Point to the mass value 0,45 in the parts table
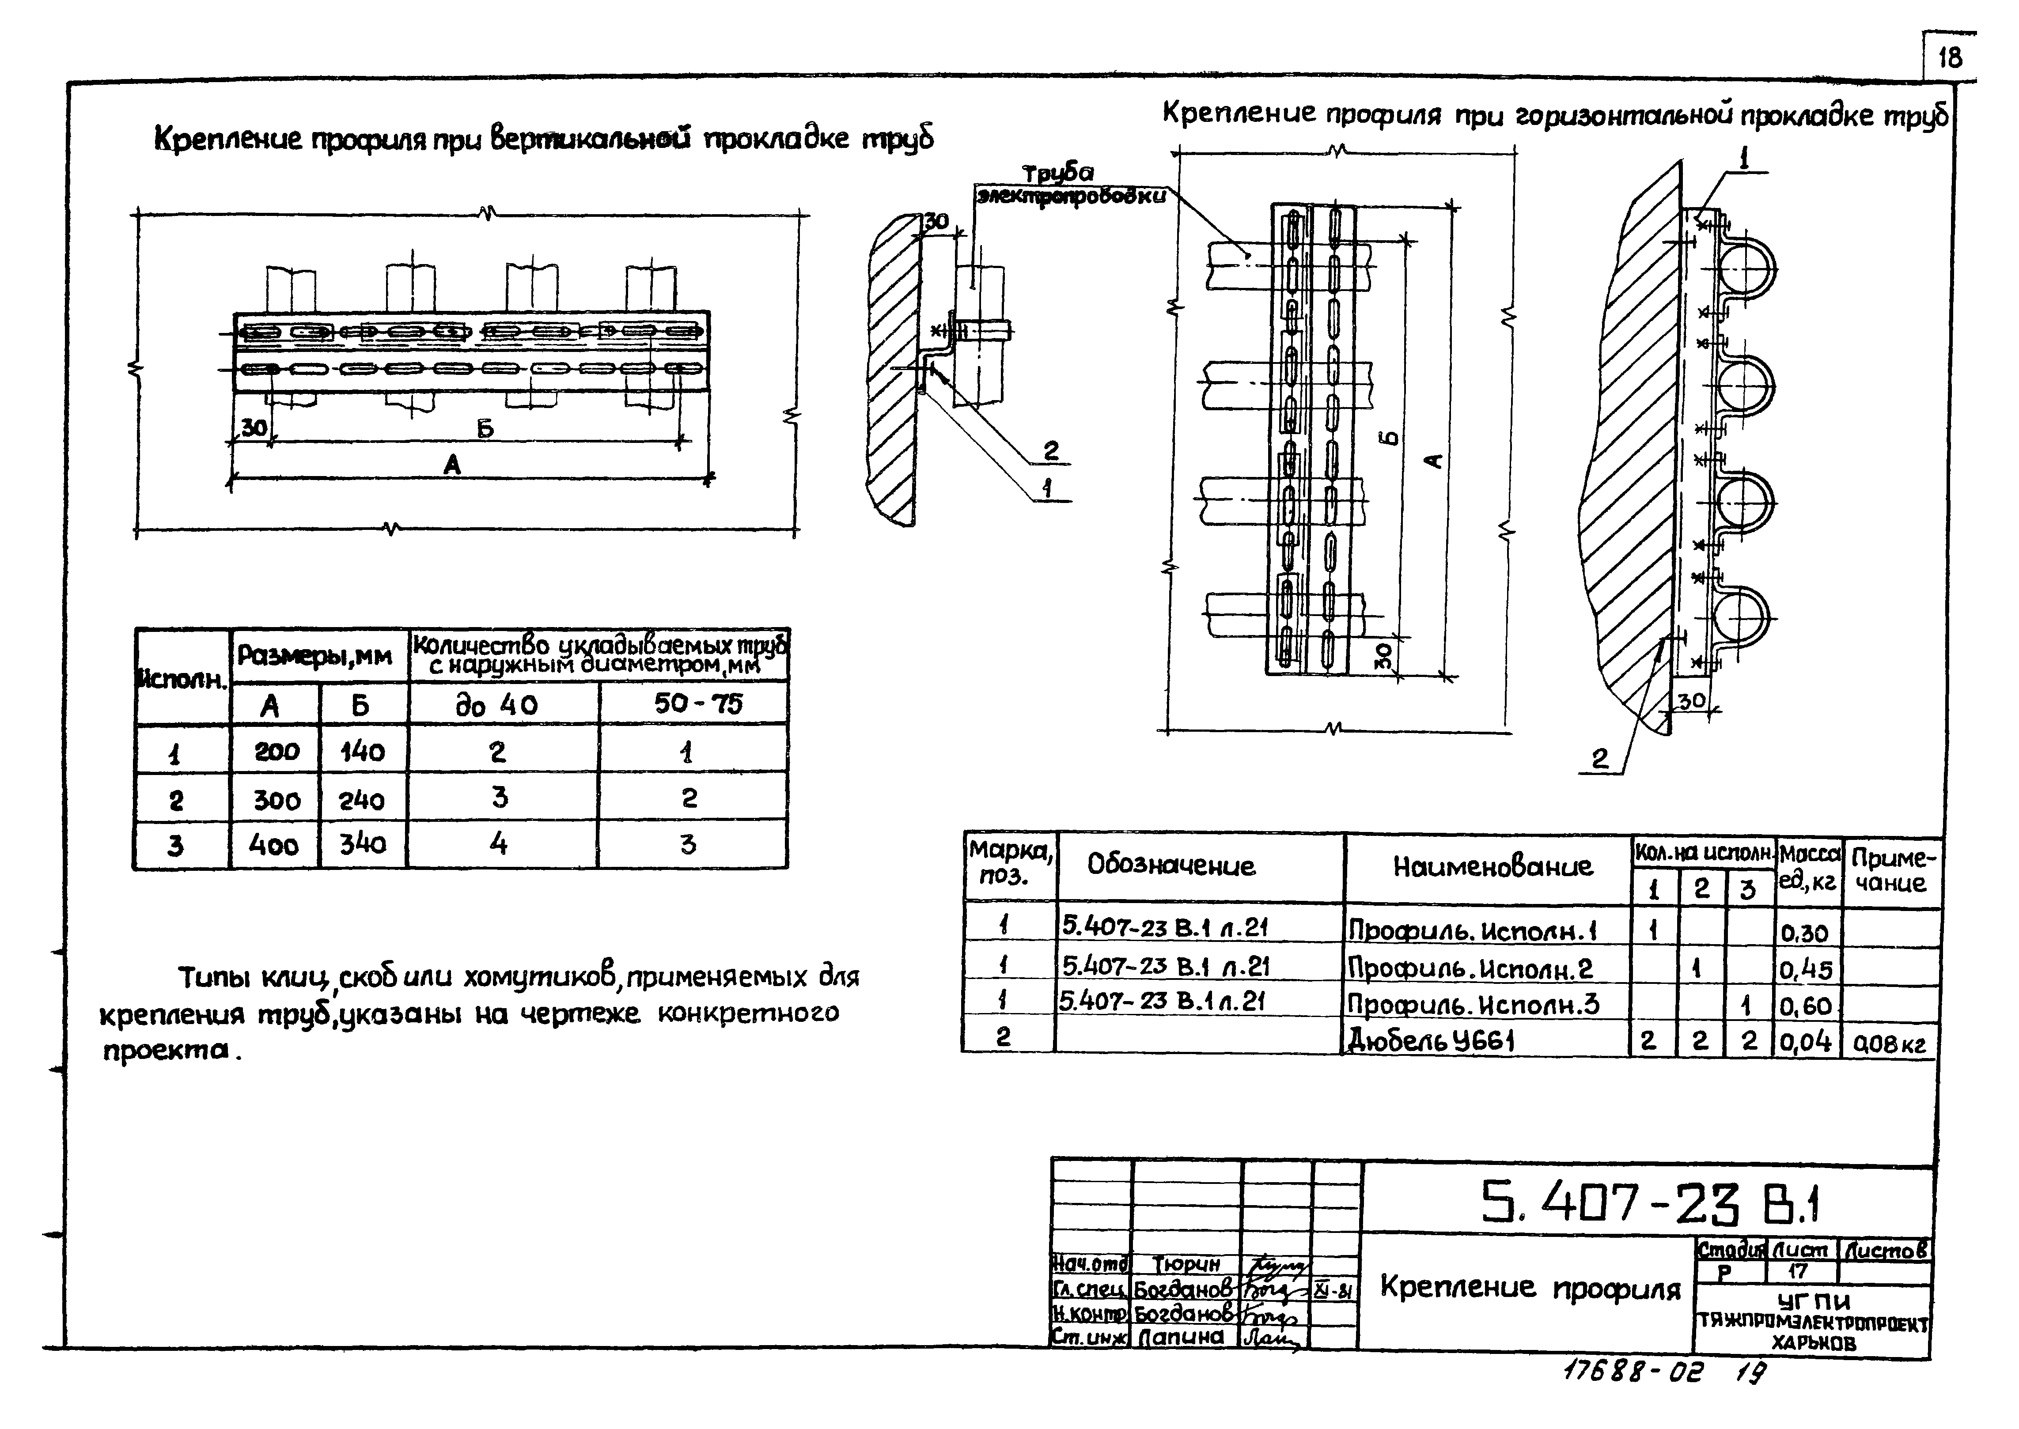(1805, 970)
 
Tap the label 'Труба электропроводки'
(1069, 185)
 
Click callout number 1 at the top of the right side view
(1743, 159)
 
